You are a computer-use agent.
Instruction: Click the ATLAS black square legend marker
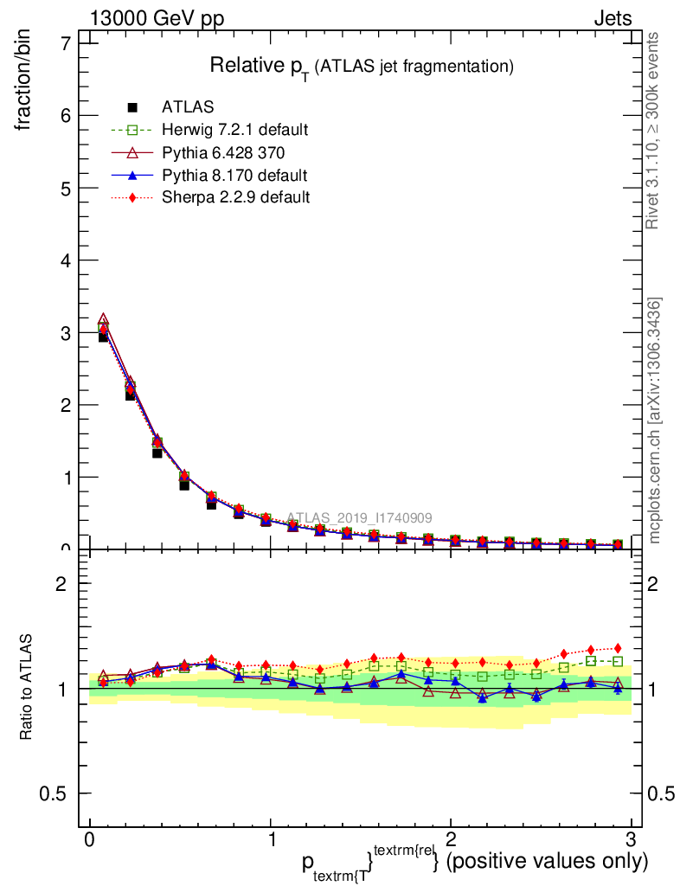coord(132,107)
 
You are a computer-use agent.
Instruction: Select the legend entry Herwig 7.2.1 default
coord(234,130)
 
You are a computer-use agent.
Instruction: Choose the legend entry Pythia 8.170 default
coord(234,175)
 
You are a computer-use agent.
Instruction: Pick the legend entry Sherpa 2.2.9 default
coord(235,197)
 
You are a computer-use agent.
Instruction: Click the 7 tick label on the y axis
coord(65,43)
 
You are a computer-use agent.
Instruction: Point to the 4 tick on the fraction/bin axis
coord(65,260)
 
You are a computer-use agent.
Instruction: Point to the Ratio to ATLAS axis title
coord(26,687)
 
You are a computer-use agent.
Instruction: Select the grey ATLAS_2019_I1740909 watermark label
coord(359,518)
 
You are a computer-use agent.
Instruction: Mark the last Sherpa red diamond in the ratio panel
coord(617,648)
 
